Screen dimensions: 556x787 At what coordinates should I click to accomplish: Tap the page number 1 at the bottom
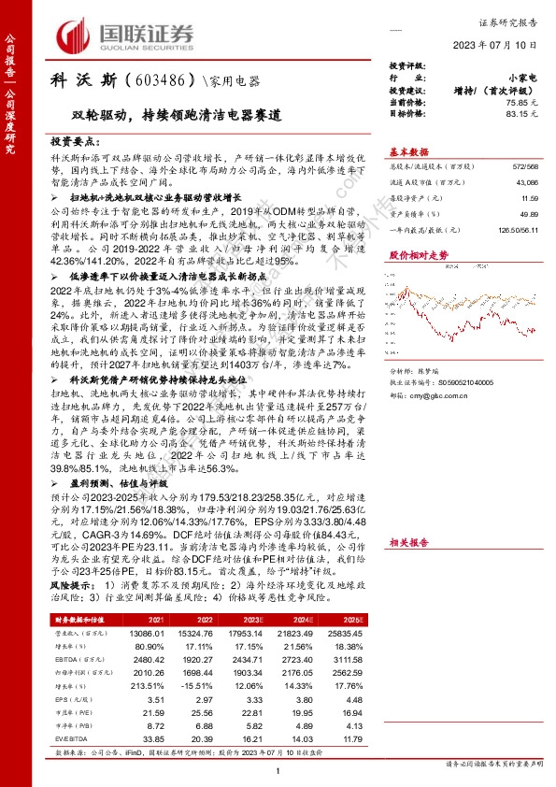click(278, 768)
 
